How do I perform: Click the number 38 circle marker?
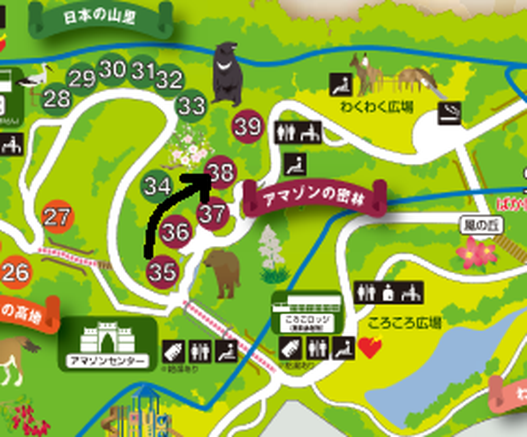(221, 172)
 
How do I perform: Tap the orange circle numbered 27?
(57, 217)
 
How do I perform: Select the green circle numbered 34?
(158, 186)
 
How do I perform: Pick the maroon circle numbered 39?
(248, 127)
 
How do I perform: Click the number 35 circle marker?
(162, 272)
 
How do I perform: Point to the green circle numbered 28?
(56, 98)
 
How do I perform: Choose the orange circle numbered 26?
(15, 272)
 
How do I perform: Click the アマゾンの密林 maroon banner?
(315, 196)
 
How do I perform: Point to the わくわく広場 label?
(376, 107)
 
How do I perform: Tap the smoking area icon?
(450, 113)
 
